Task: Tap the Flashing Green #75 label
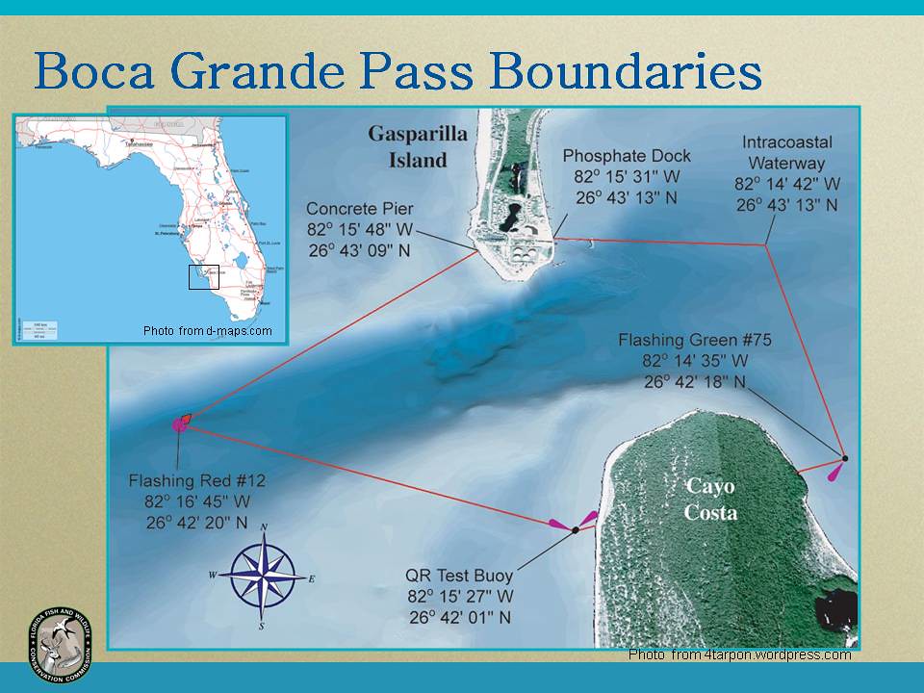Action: point(695,341)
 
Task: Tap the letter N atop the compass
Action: point(264,526)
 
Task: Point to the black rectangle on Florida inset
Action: point(203,277)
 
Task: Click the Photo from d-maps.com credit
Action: point(207,331)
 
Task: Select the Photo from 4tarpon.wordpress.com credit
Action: point(739,654)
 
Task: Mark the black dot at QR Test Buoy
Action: point(575,530)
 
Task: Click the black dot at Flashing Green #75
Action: point(844,458)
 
